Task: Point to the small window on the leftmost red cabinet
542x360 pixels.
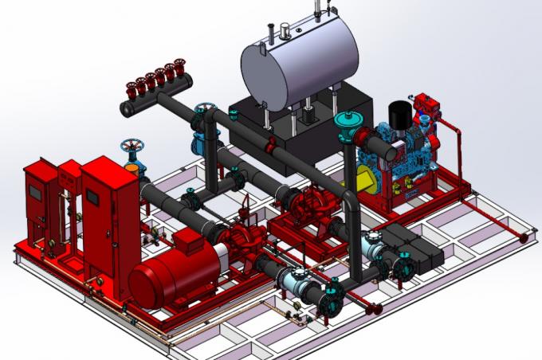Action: [x=35, y=188]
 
